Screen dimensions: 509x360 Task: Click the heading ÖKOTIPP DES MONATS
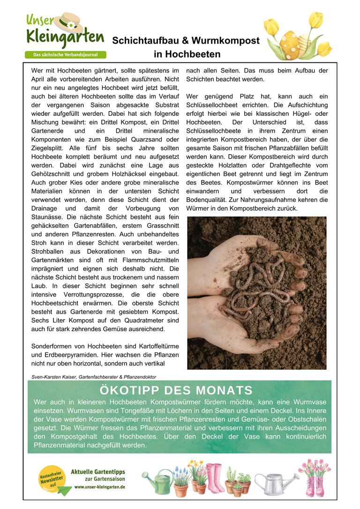(176, 390)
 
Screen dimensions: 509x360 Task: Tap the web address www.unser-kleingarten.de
(99, 487)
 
